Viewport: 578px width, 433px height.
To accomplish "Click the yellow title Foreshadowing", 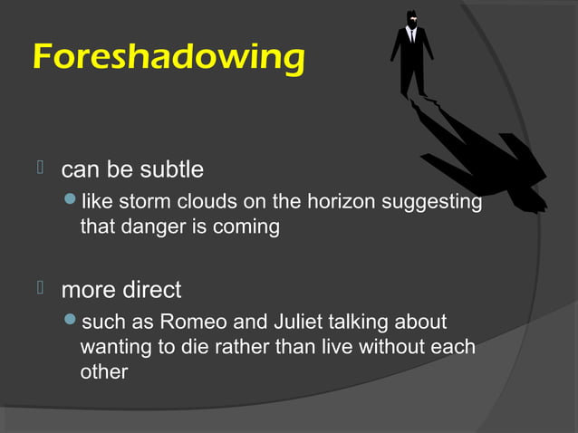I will [169, 57].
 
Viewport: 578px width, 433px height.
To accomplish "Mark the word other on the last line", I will [104, 371].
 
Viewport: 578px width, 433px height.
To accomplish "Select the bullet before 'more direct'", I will [40, 289].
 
